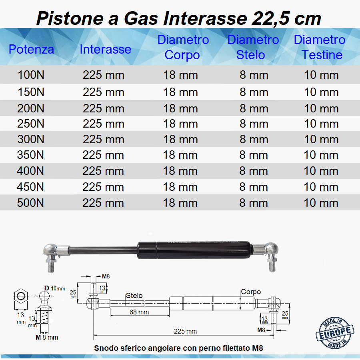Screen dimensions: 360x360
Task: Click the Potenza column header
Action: pyautogui.click(x=31, y=49)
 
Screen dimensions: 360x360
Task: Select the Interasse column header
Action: pyautogui.click(x=105, y=49)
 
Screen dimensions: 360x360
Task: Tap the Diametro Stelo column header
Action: pyautogui.click(x=253, y=47)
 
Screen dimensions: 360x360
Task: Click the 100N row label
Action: pyautogui.click(x=31, y=75)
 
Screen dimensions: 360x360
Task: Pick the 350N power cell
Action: pyautogui.click(x=30, y=155)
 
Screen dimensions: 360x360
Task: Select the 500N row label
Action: pyautogui.click(x=30, y=203)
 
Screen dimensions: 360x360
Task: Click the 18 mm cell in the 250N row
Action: pyautogui.click(x=180, y=124)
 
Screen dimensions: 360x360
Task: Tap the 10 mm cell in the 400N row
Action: pyautogui.click(x=321, y=171)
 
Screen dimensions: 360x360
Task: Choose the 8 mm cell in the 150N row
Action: pyautogui.click(x=254, y=92)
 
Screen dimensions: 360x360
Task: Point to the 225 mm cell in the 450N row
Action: pyautogui.click(x=103, y=187)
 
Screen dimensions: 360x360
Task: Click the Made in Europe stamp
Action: pyautogui.click(x=335, y=333)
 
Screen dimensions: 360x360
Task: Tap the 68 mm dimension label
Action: pyautogui.click(x=139, y=312)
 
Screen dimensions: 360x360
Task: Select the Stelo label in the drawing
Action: pyautogui.click(x=134, y=296)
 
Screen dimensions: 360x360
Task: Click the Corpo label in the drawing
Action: pyautogui.click(x=251, y=292)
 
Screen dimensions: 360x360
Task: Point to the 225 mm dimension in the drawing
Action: pyautogui.click(x=185, y=331)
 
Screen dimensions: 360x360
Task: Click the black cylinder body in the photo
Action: pyautogui.click(x=195, y=250)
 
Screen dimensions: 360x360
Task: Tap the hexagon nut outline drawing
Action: pyautogui.click(x=21, y=296)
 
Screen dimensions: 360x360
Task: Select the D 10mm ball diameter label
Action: pyautogui.click(x=55, y=288)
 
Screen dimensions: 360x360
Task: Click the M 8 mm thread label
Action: pyautogui.click(x=47, y=337)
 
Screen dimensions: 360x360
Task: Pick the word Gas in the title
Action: pyautogui.click(x=141, y=18)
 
